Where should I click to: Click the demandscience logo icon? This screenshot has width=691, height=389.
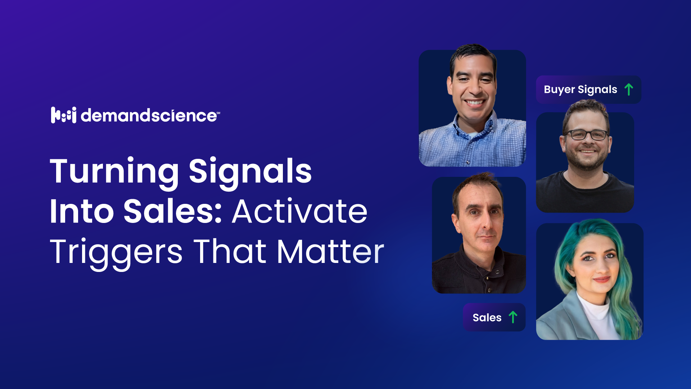pos(64,115)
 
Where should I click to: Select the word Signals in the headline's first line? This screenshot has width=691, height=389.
pos(250,172)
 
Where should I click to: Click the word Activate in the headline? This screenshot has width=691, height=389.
pos(300,211)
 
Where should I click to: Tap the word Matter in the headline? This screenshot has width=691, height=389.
pos(330,251)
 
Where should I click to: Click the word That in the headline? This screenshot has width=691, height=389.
pos(230,251)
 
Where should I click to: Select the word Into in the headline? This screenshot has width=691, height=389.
pos(82,211)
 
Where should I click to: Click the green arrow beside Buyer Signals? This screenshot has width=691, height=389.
pos(629,89)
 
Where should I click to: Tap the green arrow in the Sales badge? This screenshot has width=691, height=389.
pos(513,317)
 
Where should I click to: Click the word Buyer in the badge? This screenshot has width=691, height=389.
pos(559,90)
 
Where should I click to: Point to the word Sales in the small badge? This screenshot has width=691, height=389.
pos(487,318)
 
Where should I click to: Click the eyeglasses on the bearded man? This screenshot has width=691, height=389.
pos(587,135)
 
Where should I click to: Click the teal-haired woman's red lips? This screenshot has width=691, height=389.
pos(601,279)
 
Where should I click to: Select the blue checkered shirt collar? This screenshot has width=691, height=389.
pos(475,130)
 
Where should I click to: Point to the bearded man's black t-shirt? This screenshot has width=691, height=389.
pos(585,193)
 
